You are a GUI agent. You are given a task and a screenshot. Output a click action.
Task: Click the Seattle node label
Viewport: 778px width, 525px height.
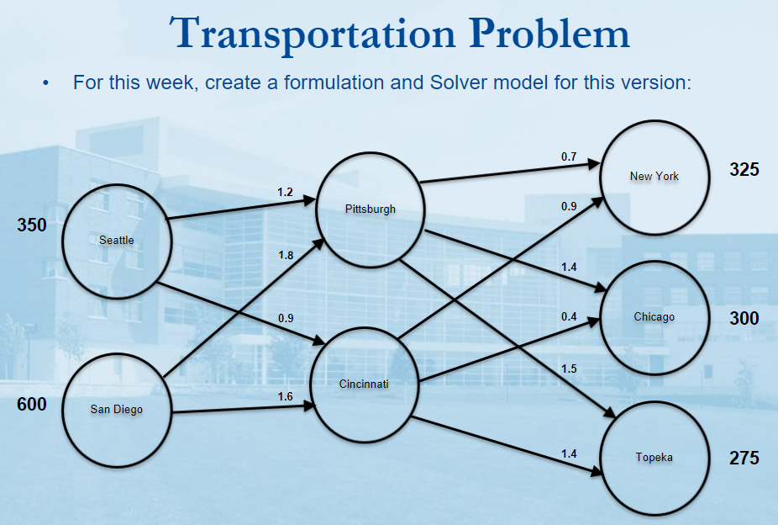(x=117, y=241)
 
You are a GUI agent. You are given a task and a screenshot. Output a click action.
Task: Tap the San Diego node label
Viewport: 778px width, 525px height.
(x=117, y=409)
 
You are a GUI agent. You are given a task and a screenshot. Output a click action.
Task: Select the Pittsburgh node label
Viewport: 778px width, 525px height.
(x=371, y=209)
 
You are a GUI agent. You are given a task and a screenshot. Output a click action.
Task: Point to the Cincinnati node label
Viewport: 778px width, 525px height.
(x=364, y=384)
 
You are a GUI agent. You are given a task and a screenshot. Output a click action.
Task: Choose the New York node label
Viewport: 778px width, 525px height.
(x=654, y=177)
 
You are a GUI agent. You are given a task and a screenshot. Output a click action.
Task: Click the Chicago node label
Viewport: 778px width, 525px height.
(x=654, y=317)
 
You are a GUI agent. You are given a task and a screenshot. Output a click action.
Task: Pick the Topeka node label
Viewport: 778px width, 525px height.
(x=654, y=458)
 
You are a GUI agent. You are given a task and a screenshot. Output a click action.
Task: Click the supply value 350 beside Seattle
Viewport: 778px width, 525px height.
(x=32, y=225)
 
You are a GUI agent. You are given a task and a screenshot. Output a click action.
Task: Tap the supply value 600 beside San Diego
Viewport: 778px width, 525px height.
(x=32, y=405)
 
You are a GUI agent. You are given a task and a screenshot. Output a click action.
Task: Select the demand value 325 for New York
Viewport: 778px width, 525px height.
(x=744, y=170)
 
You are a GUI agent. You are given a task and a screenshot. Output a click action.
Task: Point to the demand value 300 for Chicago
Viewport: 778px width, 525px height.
(x=744, y=318)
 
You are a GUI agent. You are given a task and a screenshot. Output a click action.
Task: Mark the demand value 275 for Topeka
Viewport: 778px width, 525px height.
(x=744, y=458)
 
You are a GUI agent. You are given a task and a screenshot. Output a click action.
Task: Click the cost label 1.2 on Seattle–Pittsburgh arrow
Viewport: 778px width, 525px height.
(x=286, y=192)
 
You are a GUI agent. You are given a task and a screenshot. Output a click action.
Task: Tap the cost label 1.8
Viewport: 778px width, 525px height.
(x=286, y=255)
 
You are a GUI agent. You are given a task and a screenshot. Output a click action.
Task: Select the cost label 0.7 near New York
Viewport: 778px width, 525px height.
(x=569, y=157)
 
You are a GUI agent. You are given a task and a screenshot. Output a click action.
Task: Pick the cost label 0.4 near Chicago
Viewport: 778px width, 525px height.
(x=569, y=317)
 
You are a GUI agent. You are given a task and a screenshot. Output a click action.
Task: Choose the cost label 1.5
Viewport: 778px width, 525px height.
(x=569, y=369)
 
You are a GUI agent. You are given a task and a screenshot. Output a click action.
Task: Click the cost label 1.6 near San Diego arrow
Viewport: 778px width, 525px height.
(x=286, y=396)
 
